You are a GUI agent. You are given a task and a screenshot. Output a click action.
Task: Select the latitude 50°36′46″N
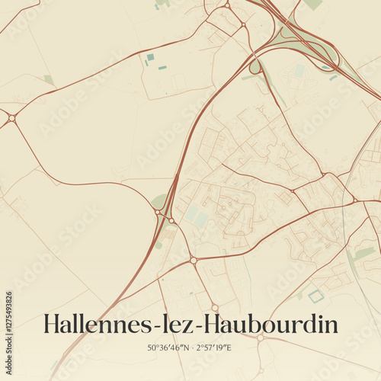coord(171,348)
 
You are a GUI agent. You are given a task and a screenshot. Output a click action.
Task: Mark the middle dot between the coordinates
coord(193,348)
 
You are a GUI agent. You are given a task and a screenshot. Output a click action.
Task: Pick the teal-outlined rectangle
coord(315,296)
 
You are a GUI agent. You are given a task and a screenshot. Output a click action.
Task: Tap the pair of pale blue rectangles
coord(197,216)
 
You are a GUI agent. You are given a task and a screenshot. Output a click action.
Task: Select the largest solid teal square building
coord(150,57)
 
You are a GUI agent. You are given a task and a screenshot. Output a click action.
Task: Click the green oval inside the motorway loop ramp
coord(255,67)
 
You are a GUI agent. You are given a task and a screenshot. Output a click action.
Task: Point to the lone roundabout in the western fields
coord(12,118)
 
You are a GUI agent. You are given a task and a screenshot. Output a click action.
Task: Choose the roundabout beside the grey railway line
coord(354,200)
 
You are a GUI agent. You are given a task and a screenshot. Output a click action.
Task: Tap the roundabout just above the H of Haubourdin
coord(215,308)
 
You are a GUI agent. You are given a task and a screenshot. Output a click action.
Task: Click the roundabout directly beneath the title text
coord(260,337)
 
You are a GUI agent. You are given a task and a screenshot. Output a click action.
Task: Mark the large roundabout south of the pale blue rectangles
coord(194,260)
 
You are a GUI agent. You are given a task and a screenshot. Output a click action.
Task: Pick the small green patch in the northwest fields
coord(49,79)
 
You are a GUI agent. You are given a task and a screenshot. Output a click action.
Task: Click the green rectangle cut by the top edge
coord(312,4)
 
